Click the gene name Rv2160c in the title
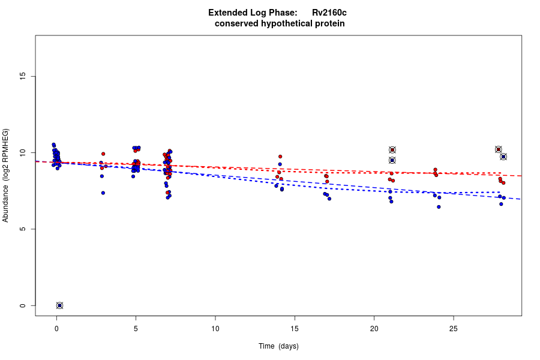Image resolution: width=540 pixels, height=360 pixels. pos(329,13)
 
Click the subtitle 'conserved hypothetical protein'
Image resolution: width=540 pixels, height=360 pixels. pos(280,23)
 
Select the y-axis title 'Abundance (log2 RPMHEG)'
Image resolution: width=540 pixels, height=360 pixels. pos(6,175)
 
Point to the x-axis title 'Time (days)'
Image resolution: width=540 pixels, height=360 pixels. pos(278,346)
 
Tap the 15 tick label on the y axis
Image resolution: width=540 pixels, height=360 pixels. pos(23,76)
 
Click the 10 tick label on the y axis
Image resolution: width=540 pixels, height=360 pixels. pos(23,152)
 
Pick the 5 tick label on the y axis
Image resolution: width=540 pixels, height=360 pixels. pos(23,229)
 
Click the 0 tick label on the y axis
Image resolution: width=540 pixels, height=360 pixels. pos(23,305)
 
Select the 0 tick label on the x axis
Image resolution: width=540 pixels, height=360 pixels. pos(56,328)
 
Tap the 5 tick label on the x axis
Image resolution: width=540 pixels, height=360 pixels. pos(136,328)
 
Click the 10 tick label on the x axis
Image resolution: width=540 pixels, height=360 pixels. pos(215,328)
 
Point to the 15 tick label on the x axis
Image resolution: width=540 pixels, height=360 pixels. pos(295,328)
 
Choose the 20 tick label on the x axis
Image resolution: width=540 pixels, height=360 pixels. pos(374,328)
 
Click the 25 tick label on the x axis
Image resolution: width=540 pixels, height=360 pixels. pos(453,328)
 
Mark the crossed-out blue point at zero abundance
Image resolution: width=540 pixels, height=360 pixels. pos(59,305)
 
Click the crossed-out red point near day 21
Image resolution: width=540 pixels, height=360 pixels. pos(392,150)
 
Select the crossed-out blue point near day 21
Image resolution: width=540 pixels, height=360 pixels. pos(392,160)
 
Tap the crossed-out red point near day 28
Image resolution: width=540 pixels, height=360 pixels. pos(499,149)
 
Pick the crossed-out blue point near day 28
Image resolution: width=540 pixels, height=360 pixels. pos(503,157)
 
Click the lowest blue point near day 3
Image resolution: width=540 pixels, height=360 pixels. pos(103,193)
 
